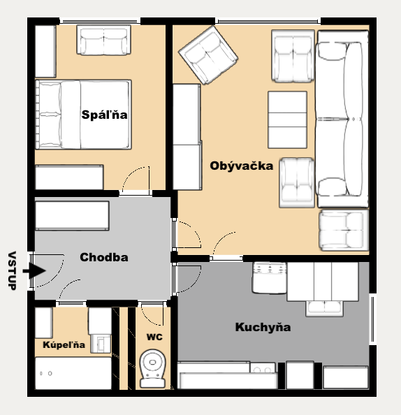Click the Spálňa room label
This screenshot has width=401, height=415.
[x=104, y=115]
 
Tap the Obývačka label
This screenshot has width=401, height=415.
[x=242, y=166]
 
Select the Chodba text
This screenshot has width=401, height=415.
[x=104, y=257]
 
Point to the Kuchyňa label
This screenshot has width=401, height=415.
[x=263, y=327]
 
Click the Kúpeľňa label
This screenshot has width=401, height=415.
[x=64, y=344]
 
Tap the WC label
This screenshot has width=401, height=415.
[x=154, y=337]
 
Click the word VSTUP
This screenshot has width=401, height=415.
[x=12, y=270]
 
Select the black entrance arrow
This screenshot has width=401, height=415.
[x=34, y=270]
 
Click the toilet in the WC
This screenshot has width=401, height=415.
[x=152, y=369]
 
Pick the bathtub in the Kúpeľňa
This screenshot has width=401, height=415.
[x=73, y=373]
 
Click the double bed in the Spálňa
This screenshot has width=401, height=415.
[x=83, y=115]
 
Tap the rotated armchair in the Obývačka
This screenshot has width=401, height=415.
[x=208, y=54]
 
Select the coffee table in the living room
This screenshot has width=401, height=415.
[x=287, y=119]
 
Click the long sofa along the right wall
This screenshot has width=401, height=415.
[x=343, y=119]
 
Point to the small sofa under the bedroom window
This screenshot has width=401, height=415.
[x=104, y=40]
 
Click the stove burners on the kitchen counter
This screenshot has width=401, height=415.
[x=263, y=368]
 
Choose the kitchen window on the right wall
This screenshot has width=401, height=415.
[x=372, y=319]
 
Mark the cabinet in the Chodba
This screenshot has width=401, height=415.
[x=72, y=216]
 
